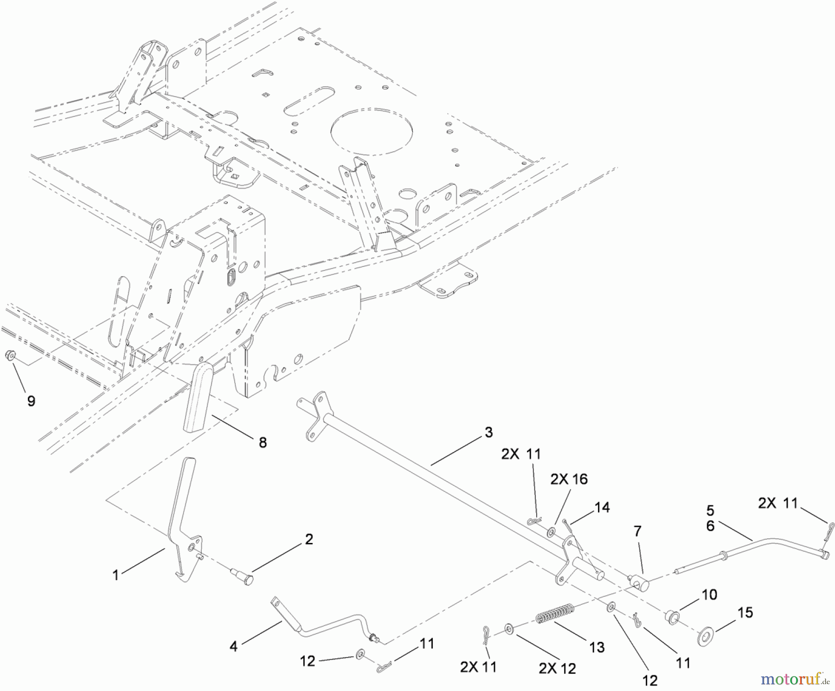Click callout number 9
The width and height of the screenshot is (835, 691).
coord(31,400)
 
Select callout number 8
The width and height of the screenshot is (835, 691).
coord(263,442)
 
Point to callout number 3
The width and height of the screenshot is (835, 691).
coord(488,432)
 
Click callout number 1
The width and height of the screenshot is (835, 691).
coord(116,575)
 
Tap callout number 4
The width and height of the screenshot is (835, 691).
coord(233,646)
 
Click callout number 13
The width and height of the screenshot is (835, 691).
coord(597,647)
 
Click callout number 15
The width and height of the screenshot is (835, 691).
coord(745,612)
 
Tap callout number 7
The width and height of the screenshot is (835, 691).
coord(637,531)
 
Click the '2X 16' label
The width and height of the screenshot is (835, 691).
coord(569,479)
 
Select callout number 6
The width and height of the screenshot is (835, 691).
coord(710,526)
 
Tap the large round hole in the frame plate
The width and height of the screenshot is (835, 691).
coord(372,132)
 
